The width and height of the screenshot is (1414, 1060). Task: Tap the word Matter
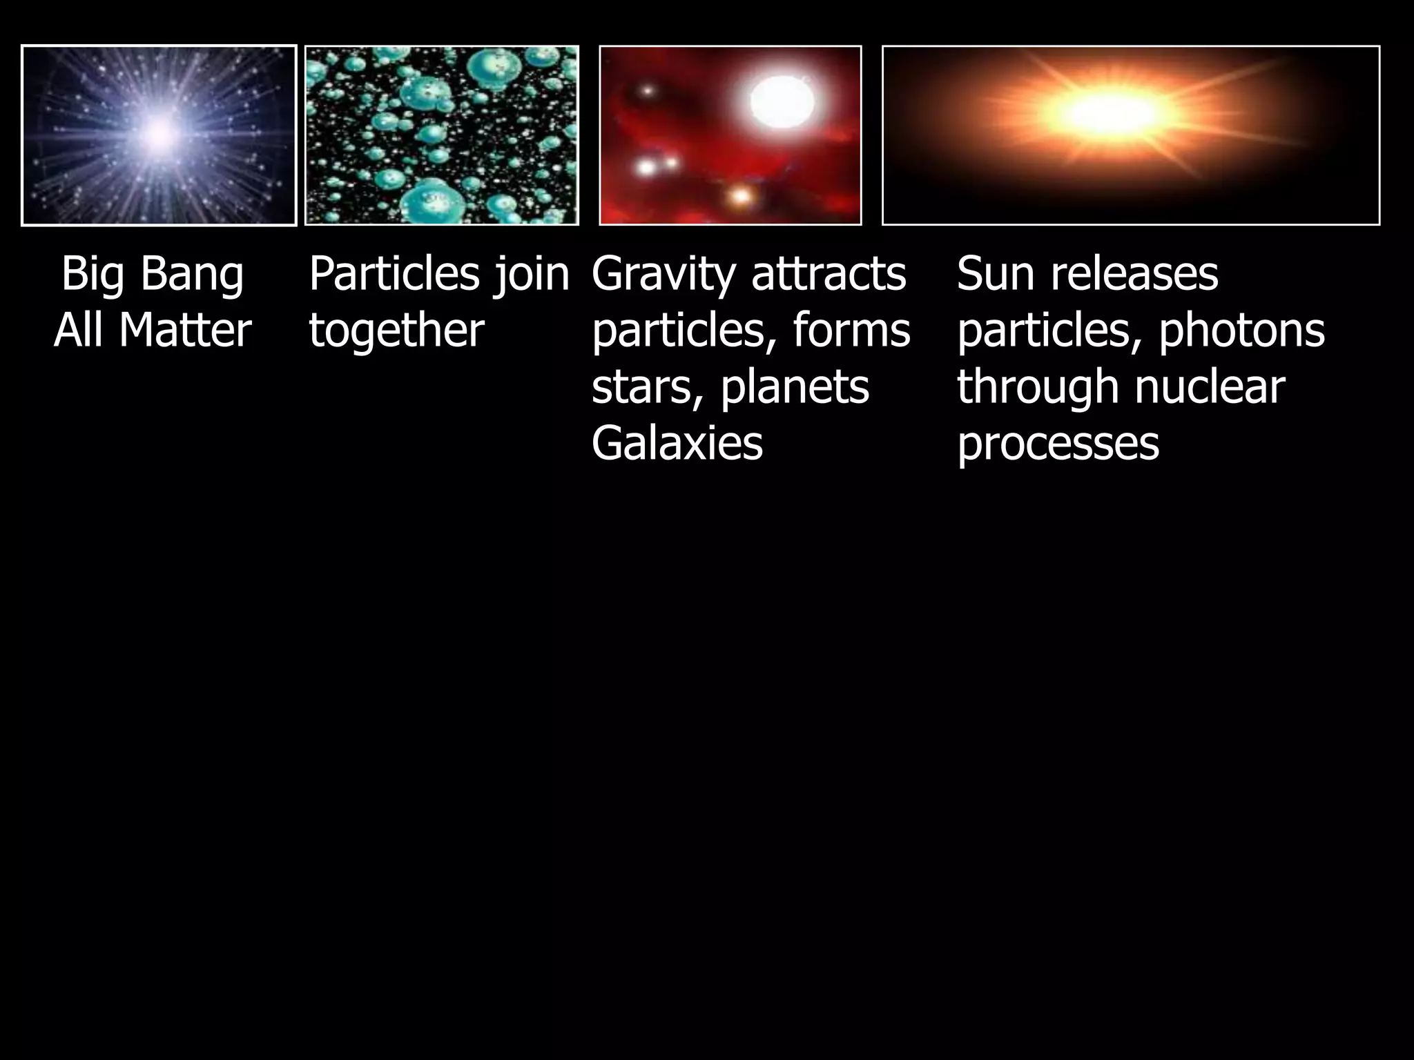pos(184,331)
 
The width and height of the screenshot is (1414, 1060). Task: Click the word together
pos(396,331)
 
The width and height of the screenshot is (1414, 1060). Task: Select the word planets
pos(795,387)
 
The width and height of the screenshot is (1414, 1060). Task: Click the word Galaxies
pos(677,444)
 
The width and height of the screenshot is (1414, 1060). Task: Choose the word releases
pos(1134,274)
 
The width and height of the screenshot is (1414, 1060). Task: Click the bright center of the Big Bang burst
pos(159,134)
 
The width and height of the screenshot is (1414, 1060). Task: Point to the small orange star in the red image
pos(740,197)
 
